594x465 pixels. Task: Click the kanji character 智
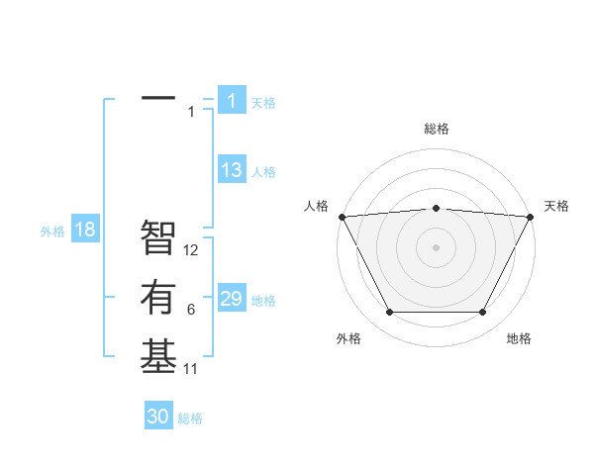(x=158, y=237)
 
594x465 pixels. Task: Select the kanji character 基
(x=158, y=356)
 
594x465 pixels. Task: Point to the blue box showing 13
(x=232, y=170)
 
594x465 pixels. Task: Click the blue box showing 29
(x=232, y=299)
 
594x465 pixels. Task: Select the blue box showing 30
(x=158, y=417)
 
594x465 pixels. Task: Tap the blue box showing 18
(x=85, y=230)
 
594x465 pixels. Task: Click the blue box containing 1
(x=232, y=100)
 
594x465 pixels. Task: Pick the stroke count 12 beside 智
(x=192, y=250)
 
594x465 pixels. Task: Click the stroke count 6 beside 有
(x=191, y=310)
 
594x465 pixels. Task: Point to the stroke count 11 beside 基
(x=191, y=369)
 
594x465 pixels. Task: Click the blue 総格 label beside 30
(x=190, y=418)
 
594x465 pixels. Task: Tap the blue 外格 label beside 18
(x=52, y=232)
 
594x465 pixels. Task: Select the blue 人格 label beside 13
(x=263, y=172)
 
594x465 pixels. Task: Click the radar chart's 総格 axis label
(x=436, y=129)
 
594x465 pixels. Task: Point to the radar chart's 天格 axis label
(x=557, y=206)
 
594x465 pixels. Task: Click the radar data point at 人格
(x=342, y=216)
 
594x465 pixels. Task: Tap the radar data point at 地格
(x=483, y=313)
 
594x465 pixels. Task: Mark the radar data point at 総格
(x=436, y=208)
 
